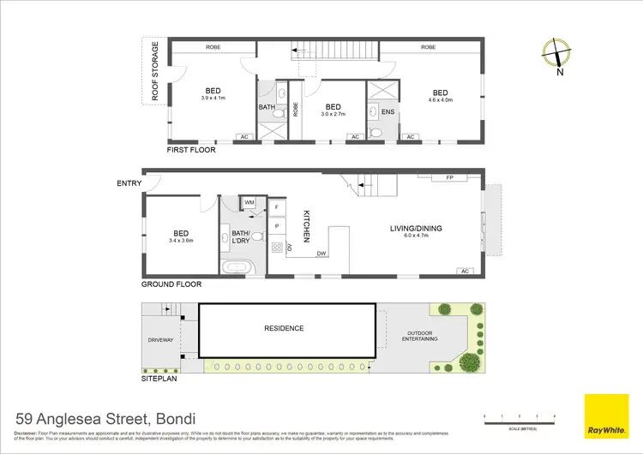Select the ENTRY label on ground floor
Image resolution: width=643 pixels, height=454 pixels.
(129, 183)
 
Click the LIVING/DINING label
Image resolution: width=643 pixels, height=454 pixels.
(414, 227)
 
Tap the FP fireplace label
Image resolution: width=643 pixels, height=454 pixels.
(449, 179)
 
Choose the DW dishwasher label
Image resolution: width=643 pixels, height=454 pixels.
(321, 254)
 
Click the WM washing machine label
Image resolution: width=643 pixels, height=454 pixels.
(249, 202)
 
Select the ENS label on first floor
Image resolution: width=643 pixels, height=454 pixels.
(387, 111)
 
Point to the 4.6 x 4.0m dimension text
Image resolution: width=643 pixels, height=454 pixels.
(440, 101)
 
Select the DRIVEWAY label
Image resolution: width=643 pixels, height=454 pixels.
(161, 340)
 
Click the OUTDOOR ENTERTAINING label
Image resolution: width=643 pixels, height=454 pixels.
(419, 337)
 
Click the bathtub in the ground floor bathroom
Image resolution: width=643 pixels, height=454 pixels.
(236, 268)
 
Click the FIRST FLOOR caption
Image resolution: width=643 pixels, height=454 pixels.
(191, 149)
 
